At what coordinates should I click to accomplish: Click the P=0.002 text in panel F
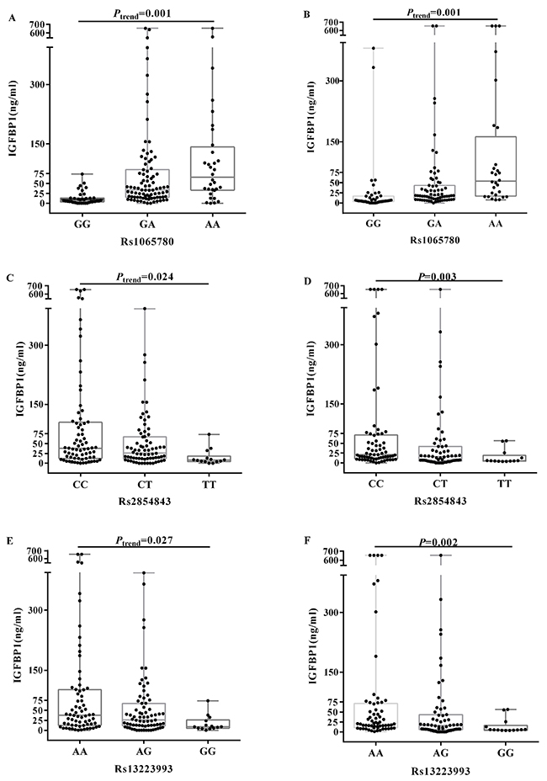[x=437, y=539]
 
